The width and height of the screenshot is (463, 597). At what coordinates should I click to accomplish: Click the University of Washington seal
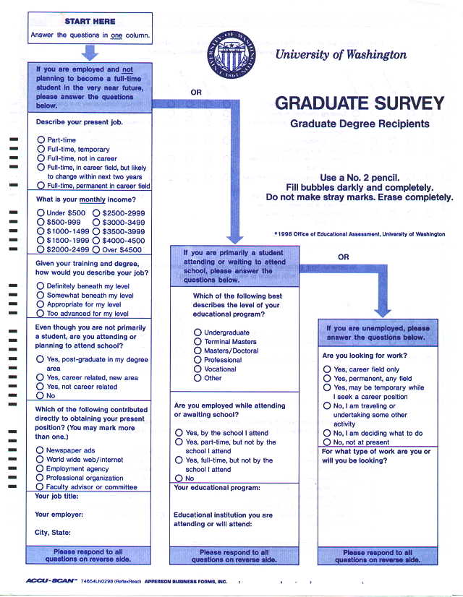pyautogui.click(x=232, y=57)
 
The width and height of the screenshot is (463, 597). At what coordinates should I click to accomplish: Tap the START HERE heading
pyautogui.click(x=90, y=21)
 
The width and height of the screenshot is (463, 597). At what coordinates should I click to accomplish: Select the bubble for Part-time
pyautogui.click(x=41, y=139)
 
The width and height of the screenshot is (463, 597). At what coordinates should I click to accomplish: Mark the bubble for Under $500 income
pyautogui.click(x=41, y=213)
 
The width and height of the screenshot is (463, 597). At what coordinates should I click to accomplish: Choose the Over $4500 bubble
pyautogui.click(x=97, y=249)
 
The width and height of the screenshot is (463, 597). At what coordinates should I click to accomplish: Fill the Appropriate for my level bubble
pyautogui.click(x=41, y=304)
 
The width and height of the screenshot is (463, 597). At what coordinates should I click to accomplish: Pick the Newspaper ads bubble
pyautogui.click(x=41, y=450)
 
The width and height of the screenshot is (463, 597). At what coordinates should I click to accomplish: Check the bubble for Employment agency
pyautogui.click(x=41, y=468)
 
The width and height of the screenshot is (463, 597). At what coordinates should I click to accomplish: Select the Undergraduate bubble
pyautogui.click(x=197, y=332)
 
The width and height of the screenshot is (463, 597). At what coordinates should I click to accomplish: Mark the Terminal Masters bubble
pyautogui.click(x=197, y=341)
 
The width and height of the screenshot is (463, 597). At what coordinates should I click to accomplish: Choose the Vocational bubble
pyautogui.click(x=197, y=369)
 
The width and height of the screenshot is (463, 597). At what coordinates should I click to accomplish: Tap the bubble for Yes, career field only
pyautogui.click(x=327, y=369)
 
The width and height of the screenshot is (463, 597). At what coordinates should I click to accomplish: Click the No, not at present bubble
pyautogui.click(x=327, y=442)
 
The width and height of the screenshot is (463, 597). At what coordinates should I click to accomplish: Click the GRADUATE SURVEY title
pyautogui.click(x=359, y=103)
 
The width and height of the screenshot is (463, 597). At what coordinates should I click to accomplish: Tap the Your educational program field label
pyautogui.click(x=216, y=487)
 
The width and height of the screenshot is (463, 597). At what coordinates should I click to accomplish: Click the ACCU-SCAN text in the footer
pyautogui.click(x=51, y=580)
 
